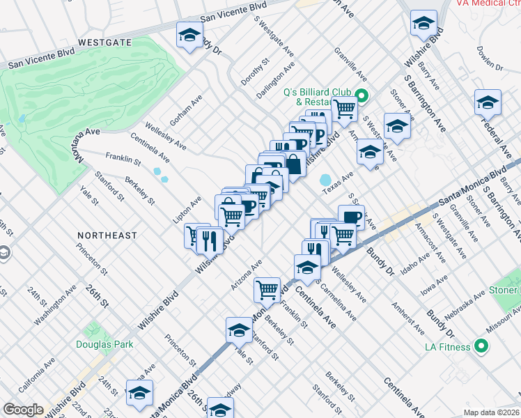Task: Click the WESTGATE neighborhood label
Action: coord(104,42)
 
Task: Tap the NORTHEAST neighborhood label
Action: coord(107,235)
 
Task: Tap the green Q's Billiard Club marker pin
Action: coord(361,95)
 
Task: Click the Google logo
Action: coord(23,410)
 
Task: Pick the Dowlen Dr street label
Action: coord(490,58)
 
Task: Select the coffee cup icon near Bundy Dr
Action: coord(351,216)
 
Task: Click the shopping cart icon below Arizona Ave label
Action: coord(267,288)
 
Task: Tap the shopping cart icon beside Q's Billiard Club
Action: coord(344,108)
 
